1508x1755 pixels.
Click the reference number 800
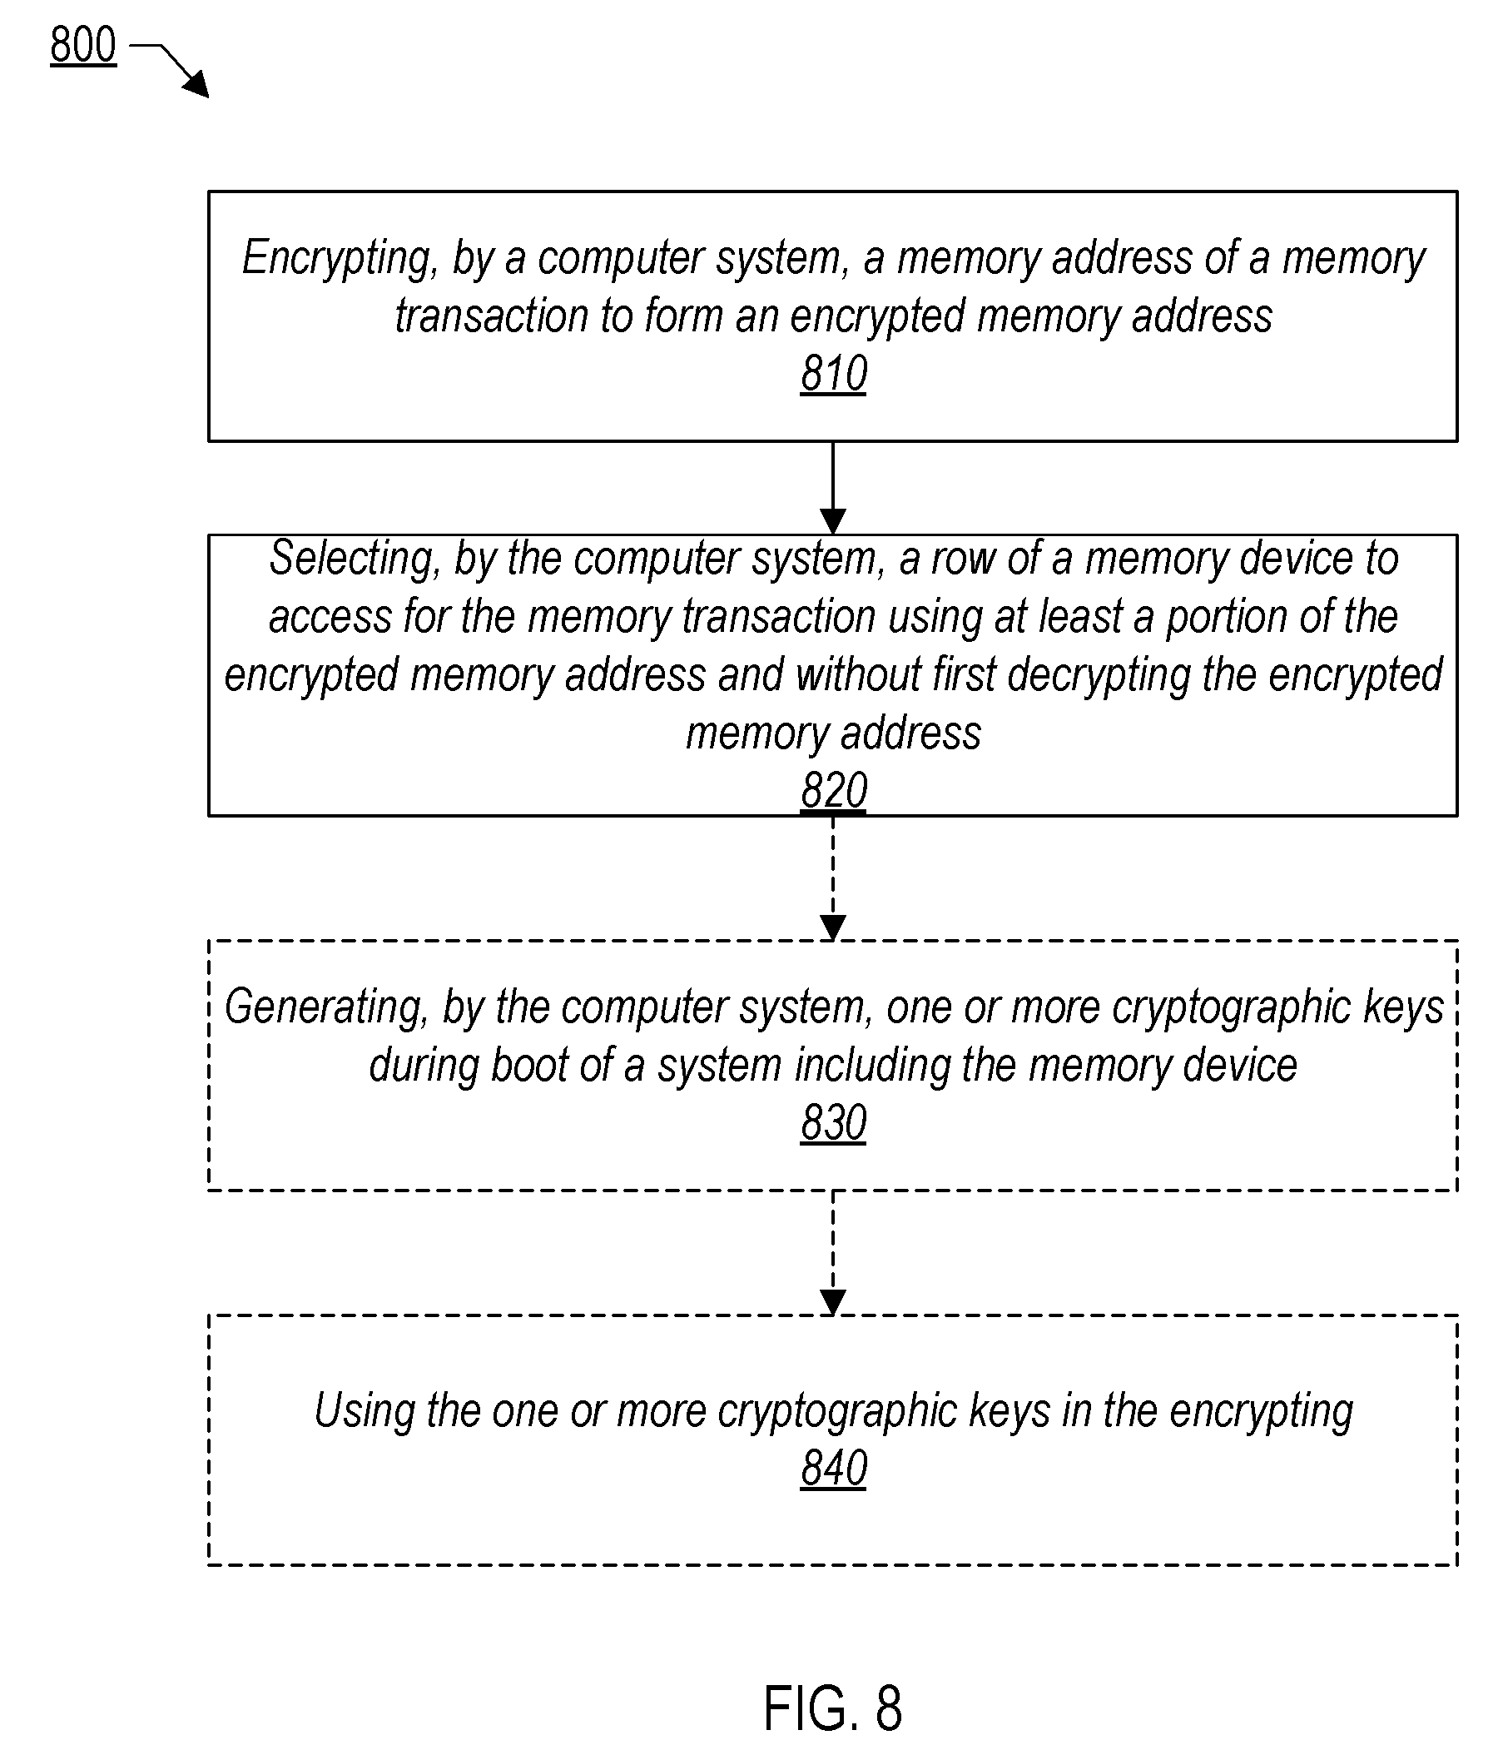coord(83,46)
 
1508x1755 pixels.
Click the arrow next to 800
coord(169,69)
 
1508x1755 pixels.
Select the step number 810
coord(833,374)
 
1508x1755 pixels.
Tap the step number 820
coord(833,790)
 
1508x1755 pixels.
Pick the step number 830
coord(833,1123)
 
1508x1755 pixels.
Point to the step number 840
coord(833,1468)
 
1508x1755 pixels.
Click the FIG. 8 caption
coord(833,1708)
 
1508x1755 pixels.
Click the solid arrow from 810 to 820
coord(833,488)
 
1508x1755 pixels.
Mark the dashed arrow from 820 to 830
coord(833,878)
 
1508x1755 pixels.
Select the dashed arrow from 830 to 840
coord(833,1253)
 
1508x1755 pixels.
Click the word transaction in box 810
coord(491,316)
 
